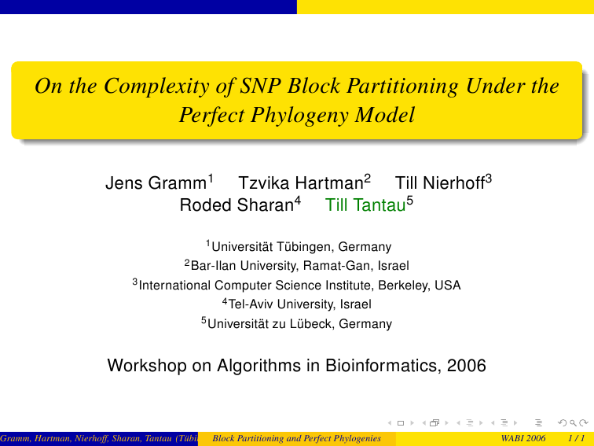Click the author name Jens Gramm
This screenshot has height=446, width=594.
click(x=156, y=182)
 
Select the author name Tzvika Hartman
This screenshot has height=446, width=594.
click(x=301, y=182)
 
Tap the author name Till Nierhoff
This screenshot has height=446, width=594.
click(x=440, y=182)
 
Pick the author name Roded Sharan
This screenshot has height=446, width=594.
click(x=236, y=205)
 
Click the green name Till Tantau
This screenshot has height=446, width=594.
click(x=365, y=205)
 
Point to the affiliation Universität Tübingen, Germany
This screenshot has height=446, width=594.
click(x=301, y=246)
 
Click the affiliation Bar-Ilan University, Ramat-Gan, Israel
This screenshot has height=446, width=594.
click(x=299, y=266)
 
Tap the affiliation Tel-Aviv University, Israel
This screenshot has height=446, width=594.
click(x=299, y=304)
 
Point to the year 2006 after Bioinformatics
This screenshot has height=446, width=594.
click(x=467, y=366)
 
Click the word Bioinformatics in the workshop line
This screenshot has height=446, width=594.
click(x=383, y=366)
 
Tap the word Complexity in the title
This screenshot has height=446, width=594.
click(x=156, y=87)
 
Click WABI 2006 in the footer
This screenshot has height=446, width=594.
click(x=523, y=438)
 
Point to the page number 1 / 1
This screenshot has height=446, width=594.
click(x=577, y=438)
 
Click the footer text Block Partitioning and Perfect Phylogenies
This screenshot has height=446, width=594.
click(x=297, y=438)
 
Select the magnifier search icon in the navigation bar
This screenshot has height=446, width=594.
click(x=573, y=423)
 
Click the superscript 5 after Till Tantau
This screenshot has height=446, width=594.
click(x=410, y=200)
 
